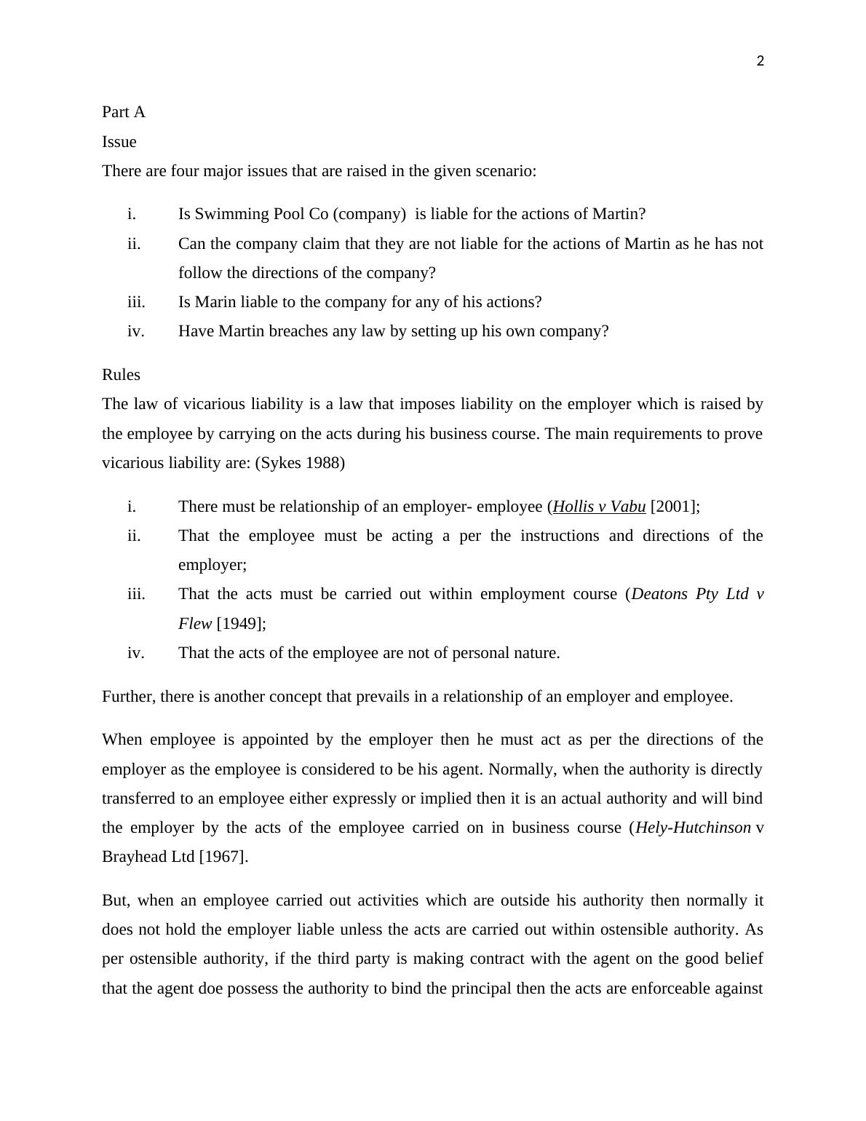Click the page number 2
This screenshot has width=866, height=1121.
[760, 61]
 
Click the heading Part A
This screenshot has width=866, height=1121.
[124, 112]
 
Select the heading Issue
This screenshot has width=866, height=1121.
[119, 142]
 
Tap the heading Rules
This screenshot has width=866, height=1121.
[121, 375]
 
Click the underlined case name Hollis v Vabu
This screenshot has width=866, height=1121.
[599, 507]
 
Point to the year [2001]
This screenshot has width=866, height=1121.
[673, 507]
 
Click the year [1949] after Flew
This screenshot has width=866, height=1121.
[240, 624]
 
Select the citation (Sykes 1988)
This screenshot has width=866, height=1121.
[300, 463]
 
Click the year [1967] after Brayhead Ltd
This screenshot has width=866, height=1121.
[223, 857]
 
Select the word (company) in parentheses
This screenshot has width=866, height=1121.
[369, 214]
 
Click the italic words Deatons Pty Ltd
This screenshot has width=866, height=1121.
[690, 594]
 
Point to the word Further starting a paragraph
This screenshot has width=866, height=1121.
[128, 697]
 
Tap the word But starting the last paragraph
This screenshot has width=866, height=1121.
[116, 900]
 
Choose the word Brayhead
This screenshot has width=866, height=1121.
[134, 857]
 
